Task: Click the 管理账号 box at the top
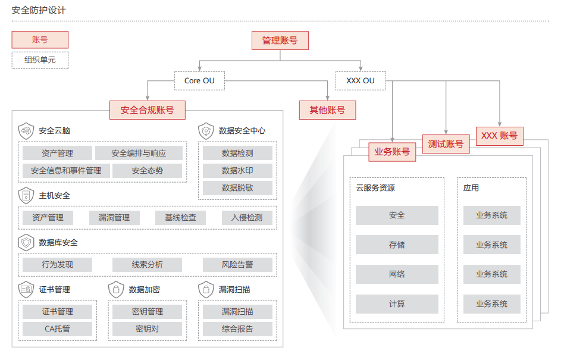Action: point(280,40)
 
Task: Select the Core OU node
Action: point(199,81)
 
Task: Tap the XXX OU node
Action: point(361,81)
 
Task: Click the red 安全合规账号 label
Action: point(147,110)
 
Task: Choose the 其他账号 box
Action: point(327,110)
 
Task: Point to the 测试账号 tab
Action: point(446,143)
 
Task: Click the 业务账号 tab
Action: point(392,152)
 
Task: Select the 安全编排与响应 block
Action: point(139,153)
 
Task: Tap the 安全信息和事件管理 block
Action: point(66,171)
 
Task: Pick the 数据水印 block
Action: point(237,171)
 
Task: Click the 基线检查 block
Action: point(180,218)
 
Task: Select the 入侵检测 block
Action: point(246,218)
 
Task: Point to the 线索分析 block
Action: point(147,265)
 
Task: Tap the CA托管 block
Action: point(57,329)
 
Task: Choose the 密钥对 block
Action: point(147,329)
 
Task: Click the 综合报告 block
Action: point(237,329)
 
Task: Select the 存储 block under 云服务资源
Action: point(397,245)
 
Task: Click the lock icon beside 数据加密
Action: point(116,290)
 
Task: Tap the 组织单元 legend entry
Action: point(40,60)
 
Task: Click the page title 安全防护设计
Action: point(39,11)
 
